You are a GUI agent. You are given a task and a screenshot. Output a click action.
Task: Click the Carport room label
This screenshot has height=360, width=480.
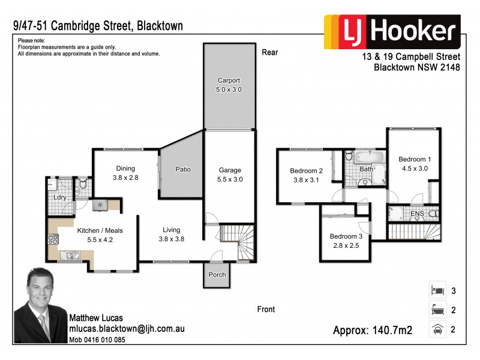pos(229,85)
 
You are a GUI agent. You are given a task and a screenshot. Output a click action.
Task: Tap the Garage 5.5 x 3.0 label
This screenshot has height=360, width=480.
pos(229,175)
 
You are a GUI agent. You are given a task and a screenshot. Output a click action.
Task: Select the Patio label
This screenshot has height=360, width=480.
pos(182,169)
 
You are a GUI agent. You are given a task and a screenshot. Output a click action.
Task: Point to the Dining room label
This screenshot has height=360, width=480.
pos(125,173)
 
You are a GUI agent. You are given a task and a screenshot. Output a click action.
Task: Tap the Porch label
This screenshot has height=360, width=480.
pos(217,275)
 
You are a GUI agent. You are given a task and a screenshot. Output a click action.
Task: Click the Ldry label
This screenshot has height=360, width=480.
pos(60,197)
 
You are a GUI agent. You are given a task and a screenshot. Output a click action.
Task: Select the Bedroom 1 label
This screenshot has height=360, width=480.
pos(415,164)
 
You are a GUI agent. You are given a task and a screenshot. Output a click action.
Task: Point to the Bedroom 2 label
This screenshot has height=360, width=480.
pos(306,175)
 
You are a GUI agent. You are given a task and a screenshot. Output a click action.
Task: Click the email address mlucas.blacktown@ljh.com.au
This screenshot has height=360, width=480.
pos(127,329)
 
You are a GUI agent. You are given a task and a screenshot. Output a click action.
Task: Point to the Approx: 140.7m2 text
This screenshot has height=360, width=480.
pos(372,330)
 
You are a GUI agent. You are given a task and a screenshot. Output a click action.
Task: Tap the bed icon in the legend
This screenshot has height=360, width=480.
pos(436,290)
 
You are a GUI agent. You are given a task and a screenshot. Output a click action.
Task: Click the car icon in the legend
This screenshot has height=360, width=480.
pos(436,329)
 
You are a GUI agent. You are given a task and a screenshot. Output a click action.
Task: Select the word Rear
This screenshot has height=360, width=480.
pos(270,52)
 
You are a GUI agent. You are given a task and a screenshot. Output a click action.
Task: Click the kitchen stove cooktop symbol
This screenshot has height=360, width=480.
pos(52,241)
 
